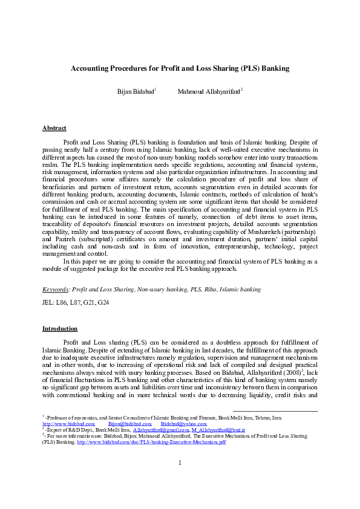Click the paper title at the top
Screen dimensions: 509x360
pos(180,69)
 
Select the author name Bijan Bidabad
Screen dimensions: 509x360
pos(135,92)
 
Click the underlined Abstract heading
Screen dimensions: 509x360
pos(54,128)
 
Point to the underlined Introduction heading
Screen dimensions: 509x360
pos(59,329)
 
